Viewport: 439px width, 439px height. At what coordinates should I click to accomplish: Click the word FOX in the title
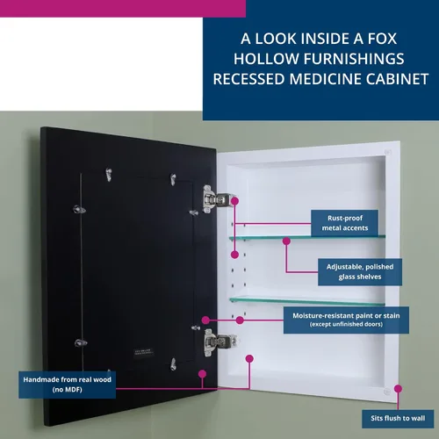pyautogui.click(x=382, y=39)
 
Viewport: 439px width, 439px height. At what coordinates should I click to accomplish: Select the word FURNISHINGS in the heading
pyautogui.click(x=354, y=59)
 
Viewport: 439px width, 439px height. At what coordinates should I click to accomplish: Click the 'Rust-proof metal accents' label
pyautogui.click(x=344, y=223)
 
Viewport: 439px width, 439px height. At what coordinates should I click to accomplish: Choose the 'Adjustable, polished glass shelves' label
pyautogui.click(x=360, y=272)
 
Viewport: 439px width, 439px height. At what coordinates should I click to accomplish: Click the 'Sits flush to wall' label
pyautogui.click(x=398, y=419)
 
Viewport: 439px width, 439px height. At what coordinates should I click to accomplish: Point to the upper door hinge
pyautogui.click(x=217, y=199)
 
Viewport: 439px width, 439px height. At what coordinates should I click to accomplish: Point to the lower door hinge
pyautogui.click(x=219, y=342)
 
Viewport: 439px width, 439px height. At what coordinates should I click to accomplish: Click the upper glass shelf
pyautogui.click(x=307, y=238)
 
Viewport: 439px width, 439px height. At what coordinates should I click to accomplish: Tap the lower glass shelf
pyautogui.click(x=307, y=301)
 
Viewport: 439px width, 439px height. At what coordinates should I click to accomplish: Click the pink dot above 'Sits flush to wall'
pyautogui.click(x=398, y=389)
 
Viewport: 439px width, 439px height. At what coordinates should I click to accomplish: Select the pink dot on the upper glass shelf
pyautogui.click(x=286, y=241)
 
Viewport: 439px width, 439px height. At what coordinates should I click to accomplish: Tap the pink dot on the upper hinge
pyautogui.click(x=234, y=201)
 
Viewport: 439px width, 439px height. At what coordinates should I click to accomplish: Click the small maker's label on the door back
pyautogui.click(x=143, y=352)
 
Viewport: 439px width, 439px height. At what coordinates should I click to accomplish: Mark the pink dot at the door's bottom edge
pyautogui.click(x=202, y=374)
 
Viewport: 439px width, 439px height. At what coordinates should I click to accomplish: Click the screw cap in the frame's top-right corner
pyautogui.click(x=388, y=152)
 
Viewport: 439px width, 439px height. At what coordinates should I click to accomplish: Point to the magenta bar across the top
pyautogui.click(x=123, y=9)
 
